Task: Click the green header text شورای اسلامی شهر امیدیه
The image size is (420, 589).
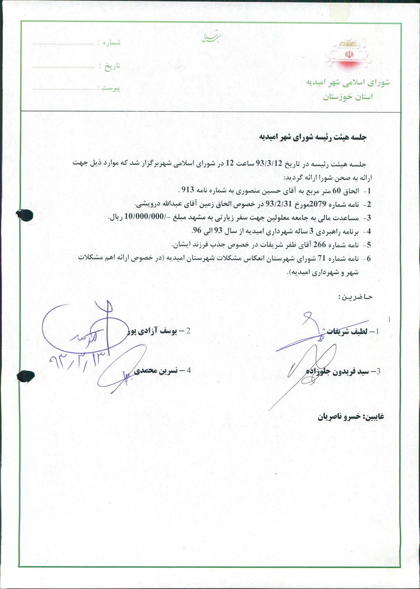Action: click(348, 82)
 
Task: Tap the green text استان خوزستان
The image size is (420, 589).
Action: click(348, 97)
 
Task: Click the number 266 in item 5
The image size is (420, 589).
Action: click(319, 245)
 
